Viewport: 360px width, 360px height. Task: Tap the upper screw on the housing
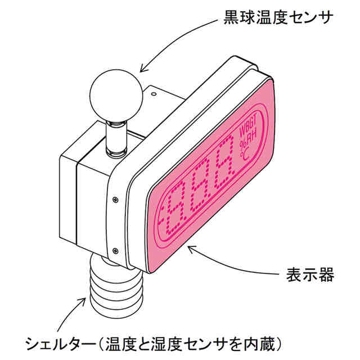pos(115,199)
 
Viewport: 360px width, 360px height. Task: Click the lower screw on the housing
pos(115,251)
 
